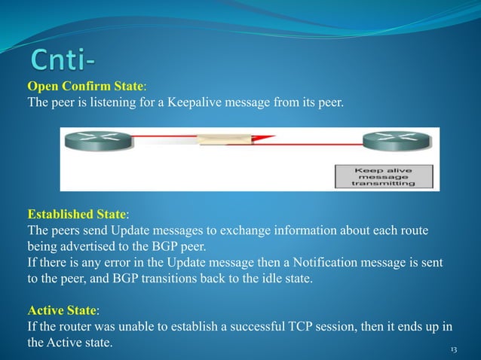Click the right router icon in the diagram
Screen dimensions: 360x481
tap(388, 141)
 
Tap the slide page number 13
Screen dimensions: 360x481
tap(454, 350)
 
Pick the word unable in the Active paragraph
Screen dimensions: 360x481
tap(136, 326)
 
